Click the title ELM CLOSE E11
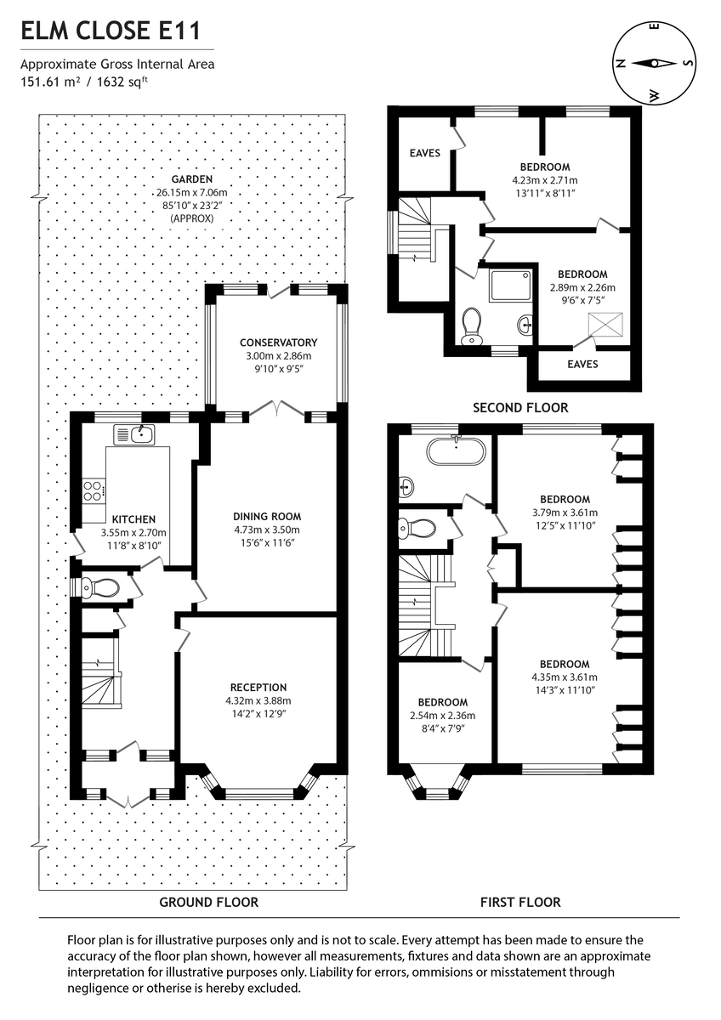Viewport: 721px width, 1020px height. [x=111, y=32]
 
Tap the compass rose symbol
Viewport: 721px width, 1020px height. [x=653, y=63]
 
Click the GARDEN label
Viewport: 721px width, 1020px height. [x=190, y=179]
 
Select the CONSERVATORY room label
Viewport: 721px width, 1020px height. [x=278, y=343]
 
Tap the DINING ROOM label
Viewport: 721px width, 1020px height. [x=267, y=516]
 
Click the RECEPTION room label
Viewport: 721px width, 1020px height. [x=258, y=687]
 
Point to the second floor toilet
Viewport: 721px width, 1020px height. [x=471, y=326]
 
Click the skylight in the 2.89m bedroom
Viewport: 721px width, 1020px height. [x=607, y=323]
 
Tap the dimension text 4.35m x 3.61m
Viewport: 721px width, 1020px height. [x=564, y=677]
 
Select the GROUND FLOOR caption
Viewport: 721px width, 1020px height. [x=209, y=902]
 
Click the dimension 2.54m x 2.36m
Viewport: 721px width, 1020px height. [x=442, y=715]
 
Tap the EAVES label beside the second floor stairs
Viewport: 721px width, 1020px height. [x=424, y=153]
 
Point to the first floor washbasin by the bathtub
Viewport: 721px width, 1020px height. [x=406, y=486]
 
